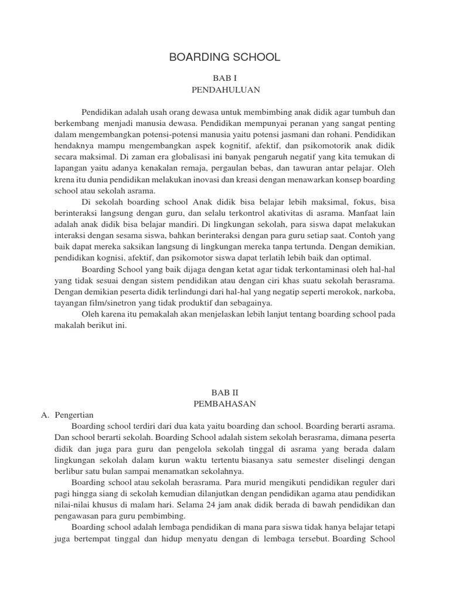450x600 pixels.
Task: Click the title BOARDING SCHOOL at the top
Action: click(225, 57)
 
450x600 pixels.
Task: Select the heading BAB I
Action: click(225, 78)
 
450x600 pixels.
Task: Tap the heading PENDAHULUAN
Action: click(225, 90)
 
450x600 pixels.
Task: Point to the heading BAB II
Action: click(225, 391)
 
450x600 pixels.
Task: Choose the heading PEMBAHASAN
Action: click(225, 404)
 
